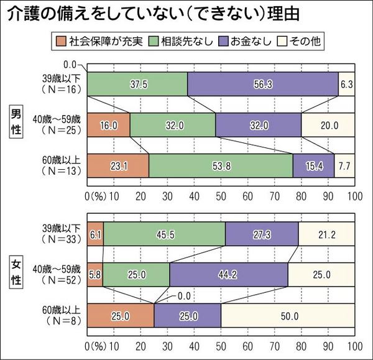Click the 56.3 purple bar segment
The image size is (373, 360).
[262, 84]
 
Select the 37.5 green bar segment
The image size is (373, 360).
[137, 84]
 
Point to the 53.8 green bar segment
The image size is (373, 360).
[221, 165]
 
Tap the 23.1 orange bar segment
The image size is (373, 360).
[117, 165]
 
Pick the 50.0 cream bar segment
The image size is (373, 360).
[287, 315]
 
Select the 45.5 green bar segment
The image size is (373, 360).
[164, 234]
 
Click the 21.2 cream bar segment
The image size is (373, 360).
[326, 234]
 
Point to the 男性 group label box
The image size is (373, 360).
[17, 124]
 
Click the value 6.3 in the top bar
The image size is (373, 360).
[346, 84]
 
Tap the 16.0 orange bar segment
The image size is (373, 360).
[108, 124]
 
